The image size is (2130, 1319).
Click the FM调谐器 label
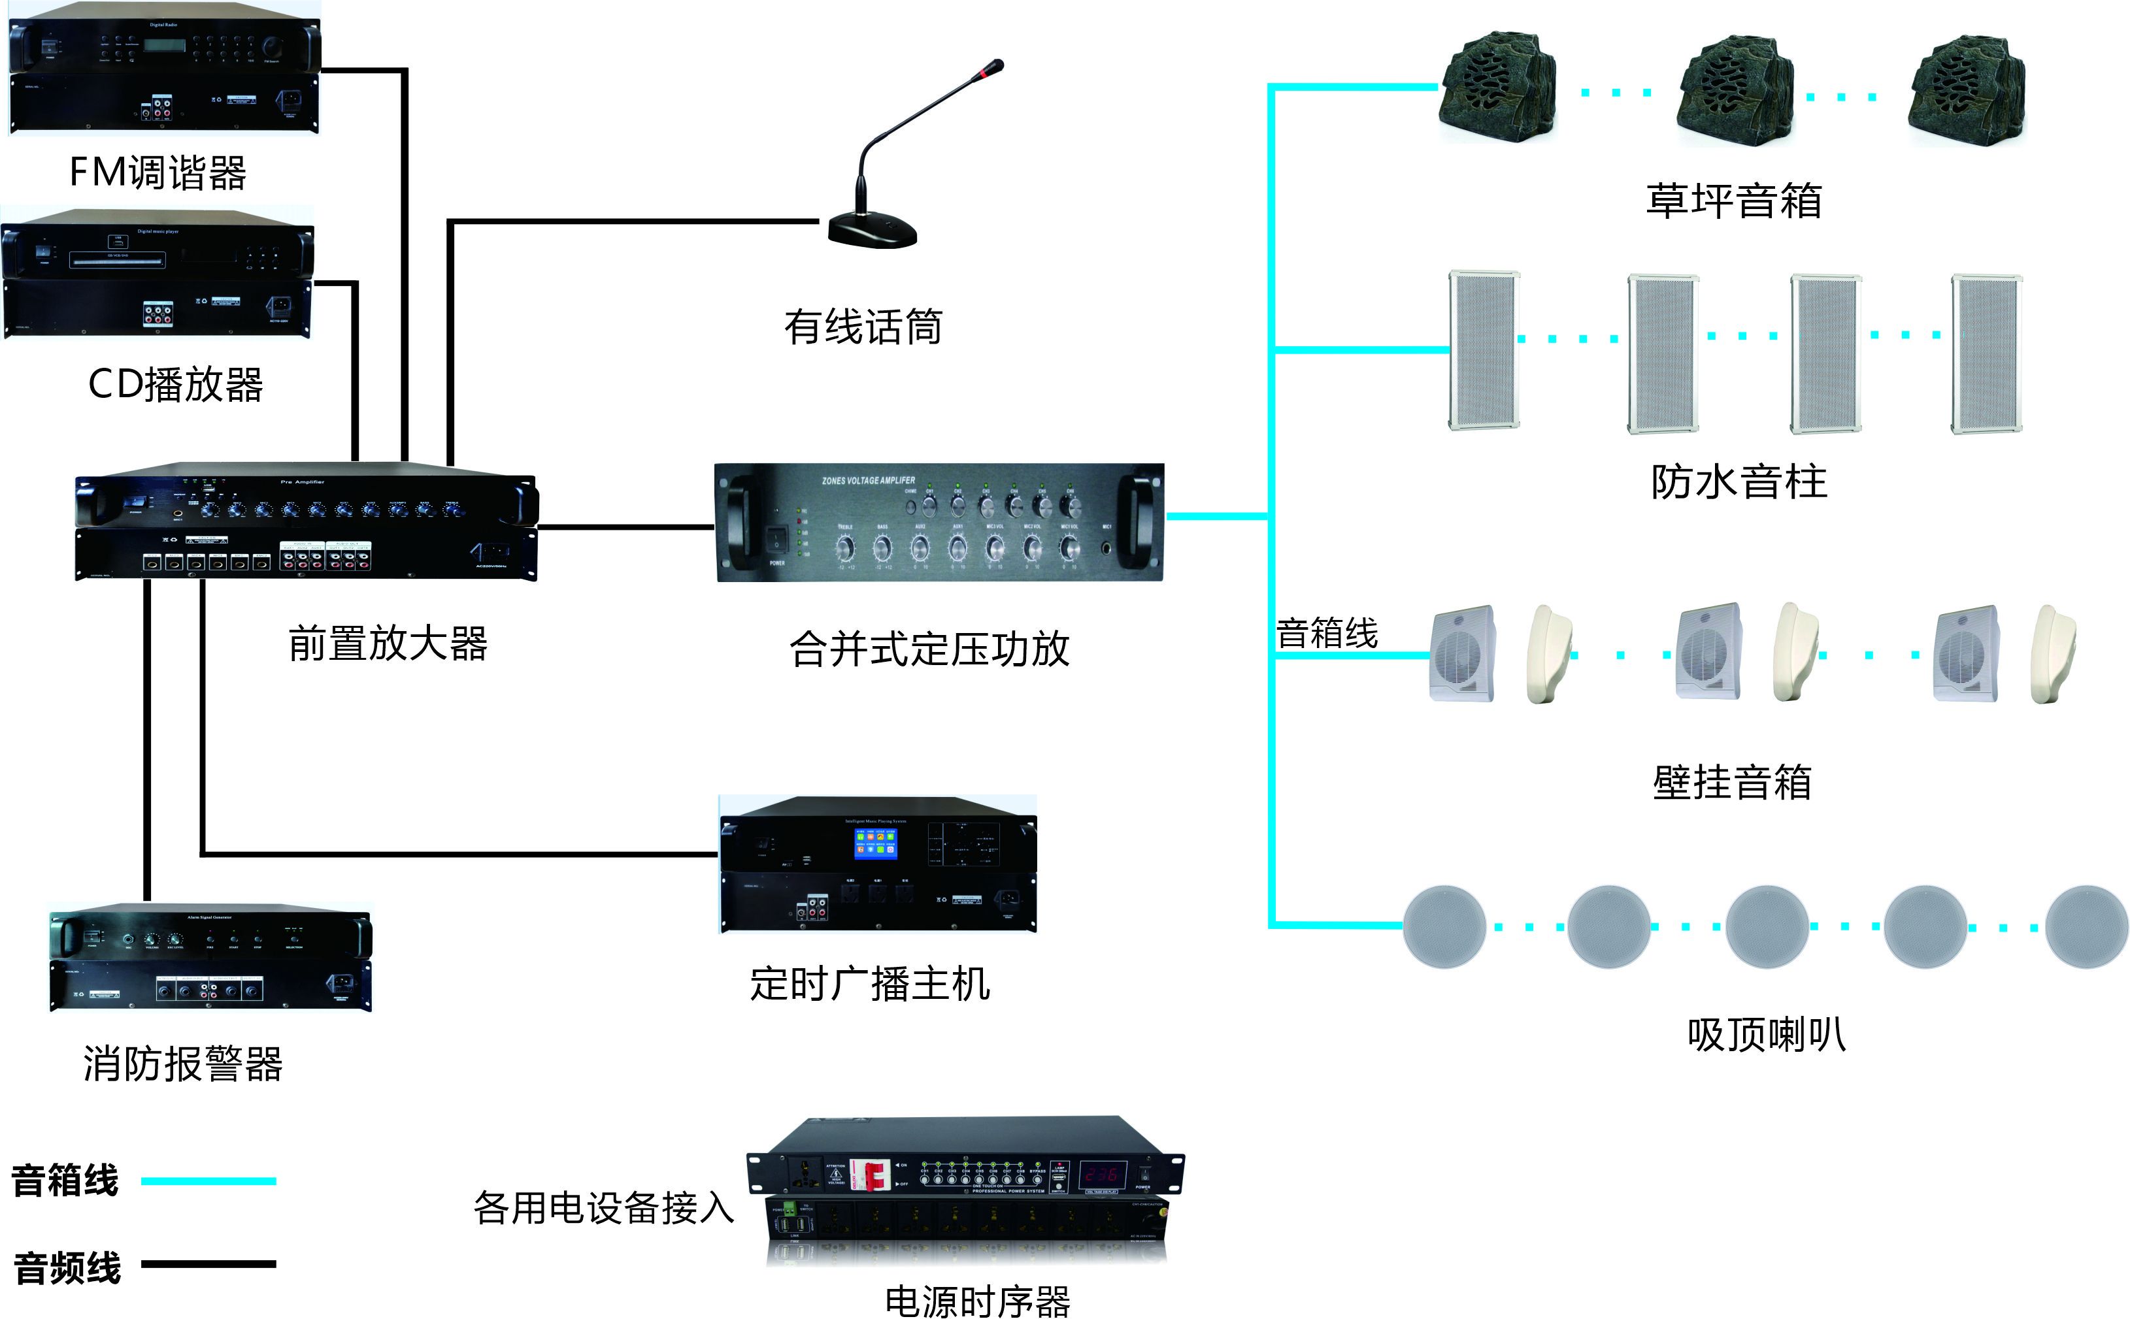pos(158,172)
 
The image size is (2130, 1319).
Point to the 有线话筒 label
pos(863,327)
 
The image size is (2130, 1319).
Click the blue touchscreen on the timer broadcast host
pos(875,843)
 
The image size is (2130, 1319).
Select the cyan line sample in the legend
pos(208,1181)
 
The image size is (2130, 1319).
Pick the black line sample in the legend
pos(208,1263)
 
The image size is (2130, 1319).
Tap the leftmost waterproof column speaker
pos(1484,351)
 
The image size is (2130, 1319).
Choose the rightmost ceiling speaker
pos(2086,926)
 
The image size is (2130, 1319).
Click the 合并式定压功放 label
pos(929,649)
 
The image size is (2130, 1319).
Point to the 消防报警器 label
pos(183,1064)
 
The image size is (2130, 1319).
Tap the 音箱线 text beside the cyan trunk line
pos(1326,633)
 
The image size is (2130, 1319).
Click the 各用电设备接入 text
pos(604,1208)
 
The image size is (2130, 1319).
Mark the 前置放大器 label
pos(388,643)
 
